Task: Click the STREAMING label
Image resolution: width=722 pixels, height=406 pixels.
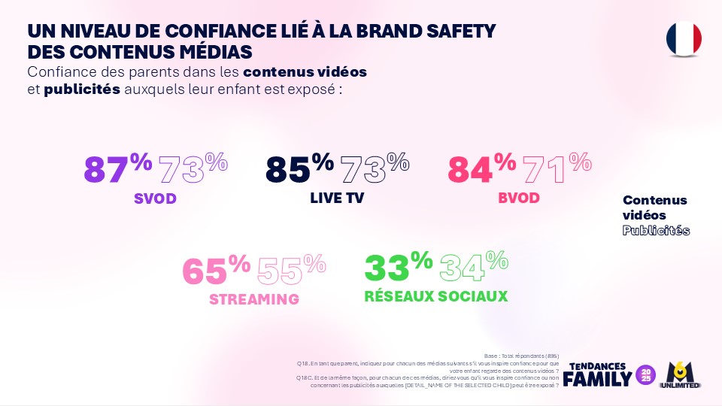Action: pyautogui.click(x=254, y=299)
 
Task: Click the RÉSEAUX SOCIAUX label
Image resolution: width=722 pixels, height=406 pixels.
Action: pyautogui.click(x=435, y=295)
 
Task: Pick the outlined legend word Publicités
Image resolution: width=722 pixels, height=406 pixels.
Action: pyautogui.click(x=656, y=230)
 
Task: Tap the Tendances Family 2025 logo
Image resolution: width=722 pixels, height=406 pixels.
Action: pyautogui.click(x=608, y=373)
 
